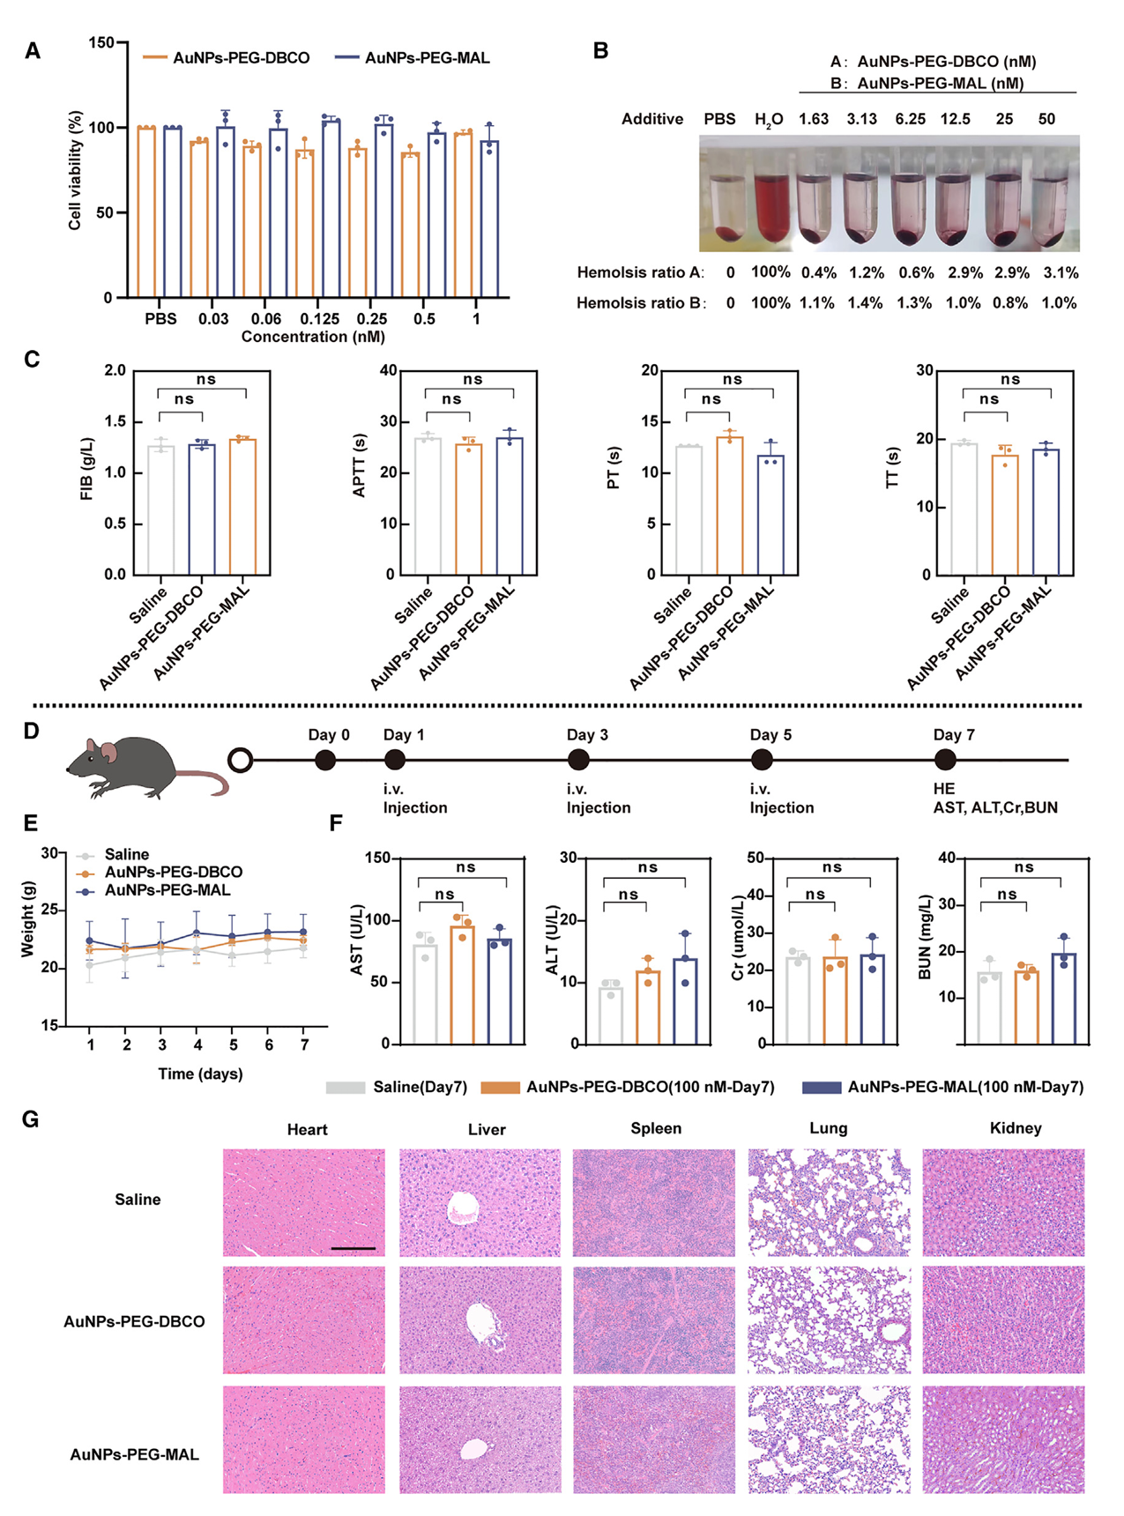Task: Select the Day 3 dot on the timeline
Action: [x=578, y=759]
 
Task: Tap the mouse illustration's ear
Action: [x=108, y=752]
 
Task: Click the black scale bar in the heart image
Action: [x=354, y=1248]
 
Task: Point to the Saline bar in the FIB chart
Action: [x=160, y=509]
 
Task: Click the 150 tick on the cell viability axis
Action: [x=101, y=43]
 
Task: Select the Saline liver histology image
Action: [x=480, y=1202]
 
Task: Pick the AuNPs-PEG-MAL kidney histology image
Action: [x=1003, y=1438]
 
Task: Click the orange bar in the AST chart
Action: [x=462, y=985]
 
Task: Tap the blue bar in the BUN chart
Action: [x=1063, y=999]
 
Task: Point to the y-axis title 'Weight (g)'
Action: [x=28, y=918]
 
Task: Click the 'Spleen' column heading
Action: [x=655, y=1128]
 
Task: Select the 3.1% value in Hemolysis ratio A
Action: [x=1061, y=272]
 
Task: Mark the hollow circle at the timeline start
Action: [x=240, y=760]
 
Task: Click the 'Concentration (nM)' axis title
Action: [x=313, y=337]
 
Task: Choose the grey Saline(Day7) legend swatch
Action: [x=345, y=1088]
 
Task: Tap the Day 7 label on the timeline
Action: [x=954, y=735]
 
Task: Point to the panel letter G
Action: [x=31, y=1119]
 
